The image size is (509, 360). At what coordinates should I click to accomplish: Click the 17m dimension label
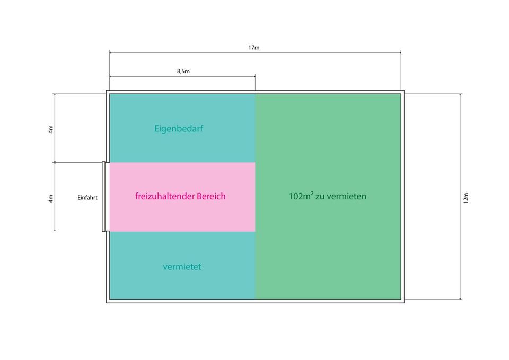[254, 48]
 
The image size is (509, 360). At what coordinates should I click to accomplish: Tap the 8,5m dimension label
[183, 71]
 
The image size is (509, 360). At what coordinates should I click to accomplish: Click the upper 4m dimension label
[51, 129]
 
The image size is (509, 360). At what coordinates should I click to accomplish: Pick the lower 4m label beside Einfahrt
[51, 198]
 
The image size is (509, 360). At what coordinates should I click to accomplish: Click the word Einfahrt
[87, 198]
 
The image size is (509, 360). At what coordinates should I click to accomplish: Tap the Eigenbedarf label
[179, 128]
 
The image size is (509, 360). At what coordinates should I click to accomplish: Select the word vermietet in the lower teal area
[182, 267]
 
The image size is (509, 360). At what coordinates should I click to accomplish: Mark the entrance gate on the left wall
[103, 197]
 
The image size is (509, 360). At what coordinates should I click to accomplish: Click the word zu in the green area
[321, 196]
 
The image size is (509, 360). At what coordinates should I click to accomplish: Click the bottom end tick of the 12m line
[460, 300]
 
